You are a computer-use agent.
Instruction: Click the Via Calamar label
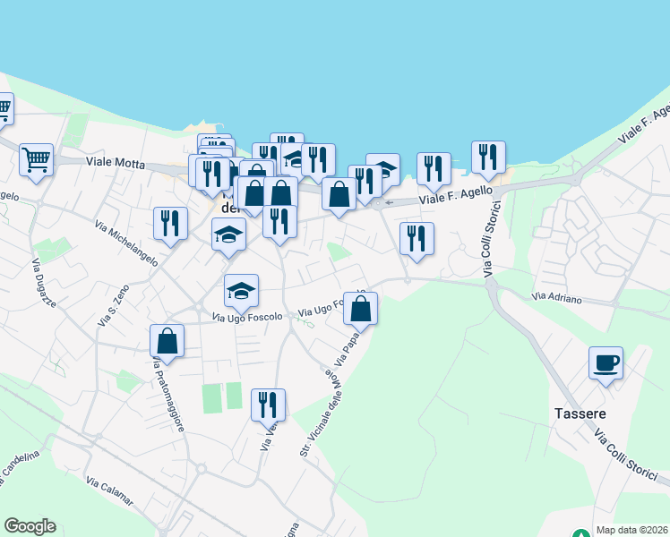click(110, 494)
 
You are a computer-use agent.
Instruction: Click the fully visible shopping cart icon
click(36, 160)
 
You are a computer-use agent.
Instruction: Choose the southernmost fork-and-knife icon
click(268, 405)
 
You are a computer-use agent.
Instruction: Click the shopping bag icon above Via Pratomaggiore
click(167, 340)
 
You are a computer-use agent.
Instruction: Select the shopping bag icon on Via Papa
click(360, 309)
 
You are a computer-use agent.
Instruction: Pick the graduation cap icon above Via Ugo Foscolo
click(241, 291)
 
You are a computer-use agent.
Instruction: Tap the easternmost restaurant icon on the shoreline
click(488, 158)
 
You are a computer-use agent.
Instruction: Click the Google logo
click(30, 526)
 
